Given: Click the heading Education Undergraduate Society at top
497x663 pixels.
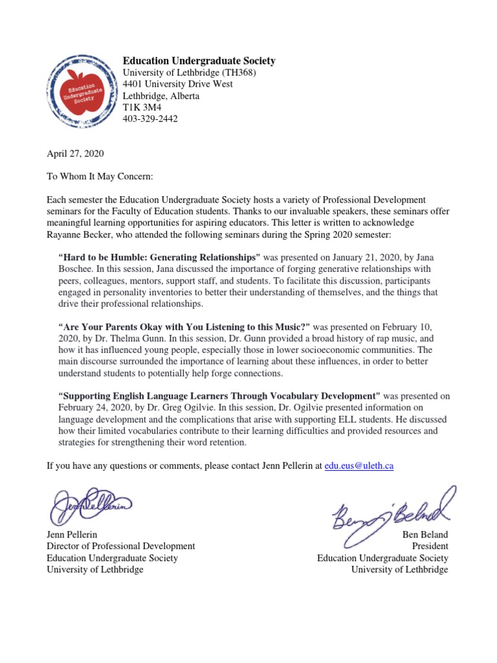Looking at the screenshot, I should click(199, 61).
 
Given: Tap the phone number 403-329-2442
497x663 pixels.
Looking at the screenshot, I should click(150, 119).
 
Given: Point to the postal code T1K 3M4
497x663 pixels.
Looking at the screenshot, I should click(140, 107).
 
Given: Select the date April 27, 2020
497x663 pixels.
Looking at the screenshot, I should click(75, 154).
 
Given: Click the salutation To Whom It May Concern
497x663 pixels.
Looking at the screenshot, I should click(99, 177).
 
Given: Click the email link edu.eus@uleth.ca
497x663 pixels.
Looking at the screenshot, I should click(359, 466).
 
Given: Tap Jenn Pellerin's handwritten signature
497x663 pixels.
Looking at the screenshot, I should click(91, 506).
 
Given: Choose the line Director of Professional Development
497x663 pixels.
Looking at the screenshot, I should click(120, 546).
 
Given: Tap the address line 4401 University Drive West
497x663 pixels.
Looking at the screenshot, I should click(178, 84).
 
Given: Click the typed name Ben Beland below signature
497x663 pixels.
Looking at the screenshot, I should click(425, 535).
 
